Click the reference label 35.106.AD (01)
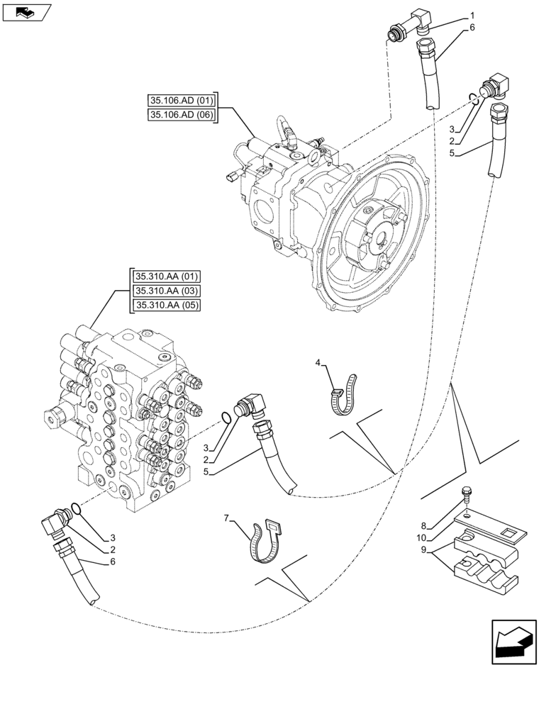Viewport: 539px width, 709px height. tap(182, 100)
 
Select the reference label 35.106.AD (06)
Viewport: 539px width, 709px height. tap(182, 115)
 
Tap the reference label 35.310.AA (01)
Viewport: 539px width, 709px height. tap(166, 276)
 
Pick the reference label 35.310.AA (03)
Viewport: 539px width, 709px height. tap(166, 291)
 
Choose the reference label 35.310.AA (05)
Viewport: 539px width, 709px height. tap(166, 306)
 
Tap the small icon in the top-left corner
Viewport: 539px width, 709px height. tap(26, 11)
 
